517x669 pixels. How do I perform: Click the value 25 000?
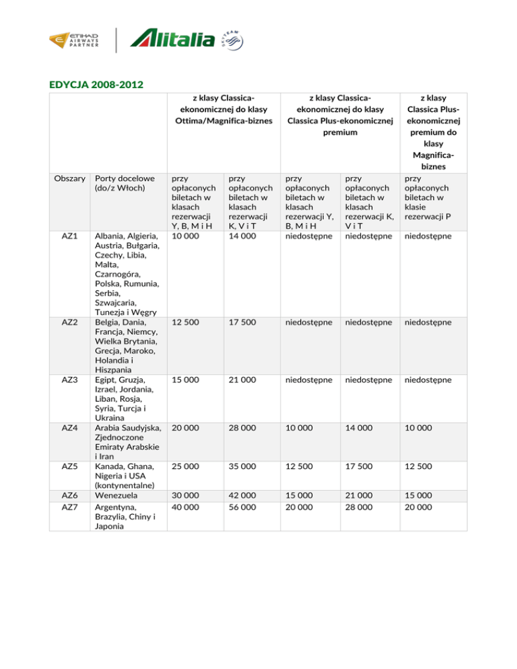point(186,466)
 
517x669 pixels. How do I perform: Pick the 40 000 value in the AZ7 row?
point(186,506)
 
